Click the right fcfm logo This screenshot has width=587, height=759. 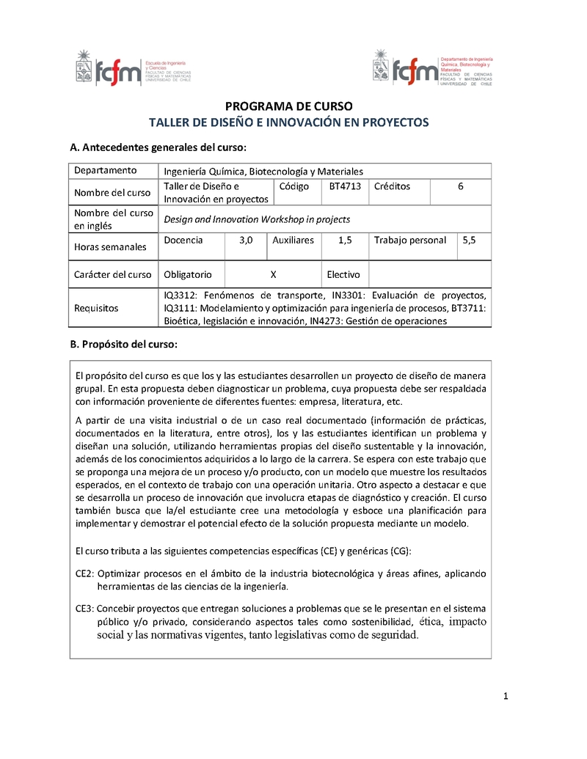coord(431,67)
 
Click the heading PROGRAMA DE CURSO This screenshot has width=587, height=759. coord(288,106)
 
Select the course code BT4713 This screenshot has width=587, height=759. coord(345,186)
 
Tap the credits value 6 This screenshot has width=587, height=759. coord(461,186)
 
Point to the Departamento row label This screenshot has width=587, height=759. coord(105,170)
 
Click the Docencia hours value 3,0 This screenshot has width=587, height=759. coord(246,240)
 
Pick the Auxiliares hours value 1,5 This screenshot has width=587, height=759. coord(345,240)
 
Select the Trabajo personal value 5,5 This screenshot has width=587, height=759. coord(469,240)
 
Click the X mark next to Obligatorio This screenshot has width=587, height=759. coord(273,274)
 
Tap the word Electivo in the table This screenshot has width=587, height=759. coord(343,274)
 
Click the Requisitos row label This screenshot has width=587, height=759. coord(96,308)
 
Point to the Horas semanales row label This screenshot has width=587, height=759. coord(110,247)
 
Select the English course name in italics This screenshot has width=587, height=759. coord(257,219)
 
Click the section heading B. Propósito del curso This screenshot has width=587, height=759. coord(123,344)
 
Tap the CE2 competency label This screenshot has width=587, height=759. coord(84,573)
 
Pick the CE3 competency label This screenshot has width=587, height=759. coord(84,609)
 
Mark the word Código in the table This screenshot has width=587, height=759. coord(294,186)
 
